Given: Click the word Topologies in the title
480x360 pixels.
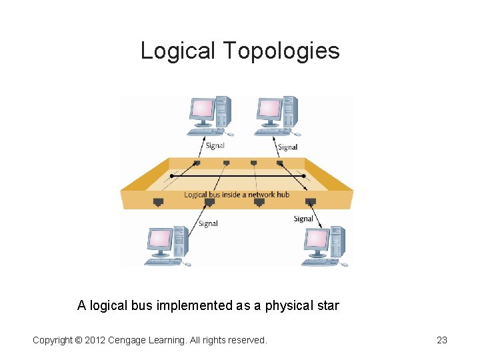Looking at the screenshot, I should click(281, 51).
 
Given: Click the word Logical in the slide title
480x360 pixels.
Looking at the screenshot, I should click(178, 51).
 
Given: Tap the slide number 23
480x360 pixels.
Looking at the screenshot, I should click(441, 340).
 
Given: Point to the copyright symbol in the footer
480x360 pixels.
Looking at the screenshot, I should click(78, 340).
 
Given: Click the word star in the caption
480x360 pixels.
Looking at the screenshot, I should click(325, 306).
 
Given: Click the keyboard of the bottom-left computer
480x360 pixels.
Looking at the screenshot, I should click(163, 262).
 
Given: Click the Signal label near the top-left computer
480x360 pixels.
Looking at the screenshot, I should click(215, 145).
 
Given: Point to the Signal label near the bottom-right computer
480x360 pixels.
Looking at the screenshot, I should click(303, 219).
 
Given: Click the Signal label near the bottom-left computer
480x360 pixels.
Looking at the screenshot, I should click(208, 223).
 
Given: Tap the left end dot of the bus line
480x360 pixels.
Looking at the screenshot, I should click(172, 176).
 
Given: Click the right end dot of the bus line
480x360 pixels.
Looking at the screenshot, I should click(303, 176).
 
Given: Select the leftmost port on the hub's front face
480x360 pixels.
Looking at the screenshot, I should click(158, 201).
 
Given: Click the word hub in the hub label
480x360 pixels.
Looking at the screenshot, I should click(283, 195).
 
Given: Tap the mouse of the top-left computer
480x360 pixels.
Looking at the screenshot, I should click(231, 134).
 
